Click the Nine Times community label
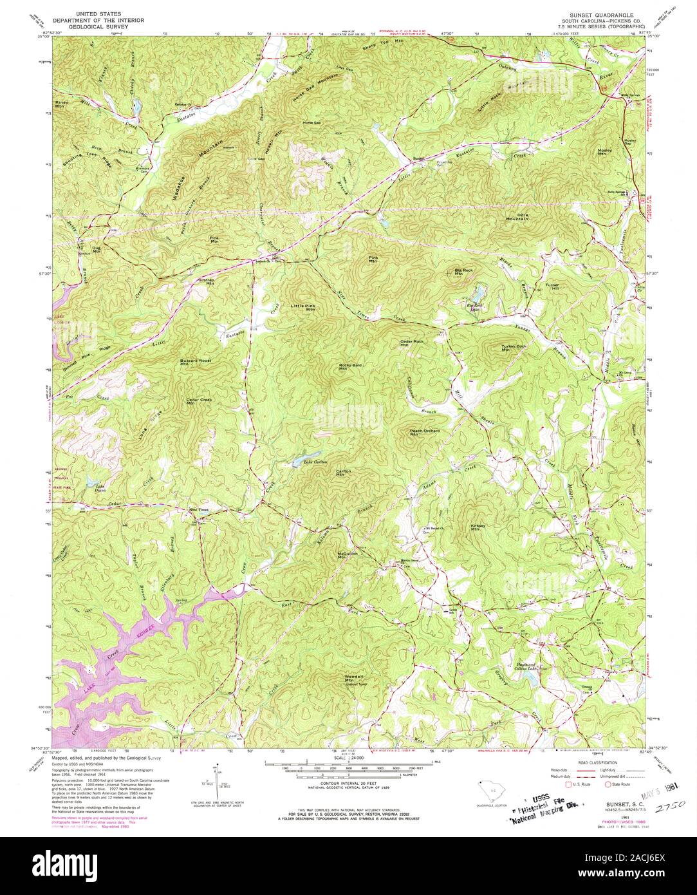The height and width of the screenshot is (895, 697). (x=199, y=510)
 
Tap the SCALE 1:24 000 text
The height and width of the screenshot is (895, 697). (x=348, y=758)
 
